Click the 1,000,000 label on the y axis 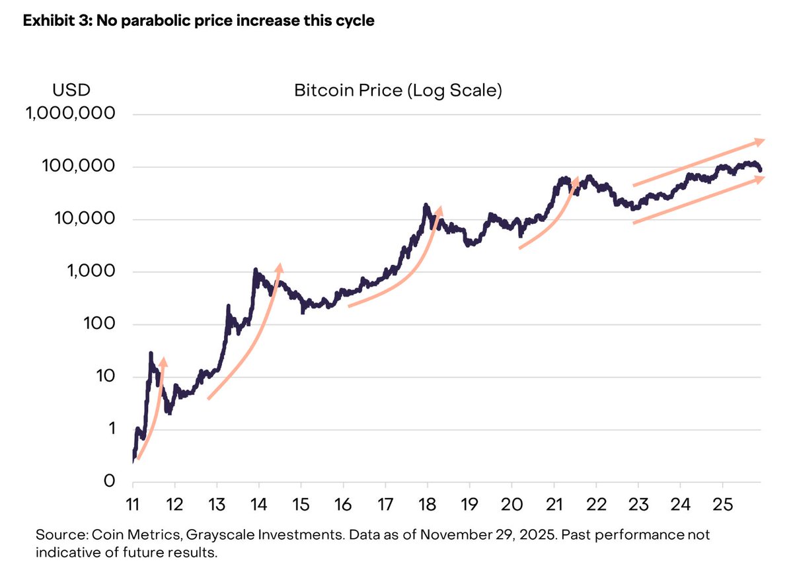click(70, 114)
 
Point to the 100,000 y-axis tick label click(79, 166)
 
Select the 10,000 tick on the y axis click(83, 219)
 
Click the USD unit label click(71, 90)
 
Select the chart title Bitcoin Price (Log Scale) click(398, 90)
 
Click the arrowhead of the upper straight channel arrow click(761, 141)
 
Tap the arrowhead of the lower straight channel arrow click(761, 179)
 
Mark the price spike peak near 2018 click(426, 205)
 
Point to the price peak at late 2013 click(255, 270)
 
